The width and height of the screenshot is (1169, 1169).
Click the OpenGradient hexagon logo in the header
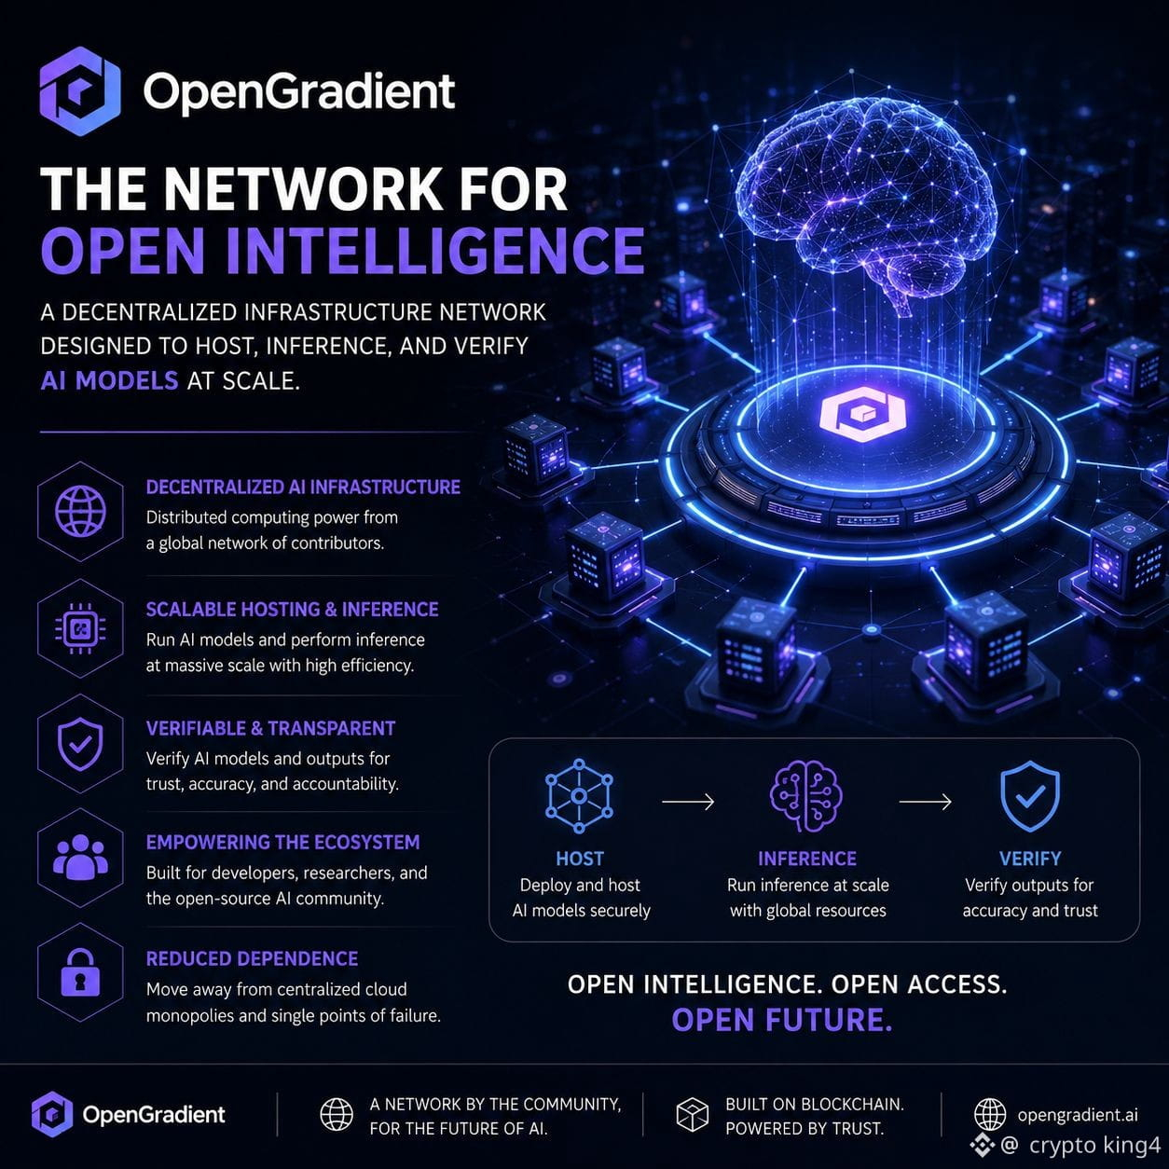coord(80,91)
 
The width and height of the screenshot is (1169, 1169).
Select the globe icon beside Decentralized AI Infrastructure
coord(80,511)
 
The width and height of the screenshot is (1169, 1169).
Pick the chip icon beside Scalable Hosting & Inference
coord(80,628)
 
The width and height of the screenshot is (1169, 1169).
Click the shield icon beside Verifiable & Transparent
coord(80,744)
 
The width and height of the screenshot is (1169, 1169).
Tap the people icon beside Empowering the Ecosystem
coord(80,858)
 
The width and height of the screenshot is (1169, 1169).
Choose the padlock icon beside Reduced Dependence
coord(80,972)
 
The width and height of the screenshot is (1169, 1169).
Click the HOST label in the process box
coord(580,859)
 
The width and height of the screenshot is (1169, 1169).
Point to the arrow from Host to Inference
coord(688,802)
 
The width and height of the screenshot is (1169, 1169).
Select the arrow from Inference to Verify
coord(925,802)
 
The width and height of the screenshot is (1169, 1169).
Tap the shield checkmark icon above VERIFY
coord(1030,796)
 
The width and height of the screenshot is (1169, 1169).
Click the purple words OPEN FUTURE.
coord(782,1019)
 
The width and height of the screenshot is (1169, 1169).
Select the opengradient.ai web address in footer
coord(1078,1115)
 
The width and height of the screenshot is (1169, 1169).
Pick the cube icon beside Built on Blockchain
coord(693,1115)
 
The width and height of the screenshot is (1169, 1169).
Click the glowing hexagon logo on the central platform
coord(862,414)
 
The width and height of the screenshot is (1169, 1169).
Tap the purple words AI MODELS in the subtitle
coord(109,381)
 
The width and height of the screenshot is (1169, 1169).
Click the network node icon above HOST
coord(579,796)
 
